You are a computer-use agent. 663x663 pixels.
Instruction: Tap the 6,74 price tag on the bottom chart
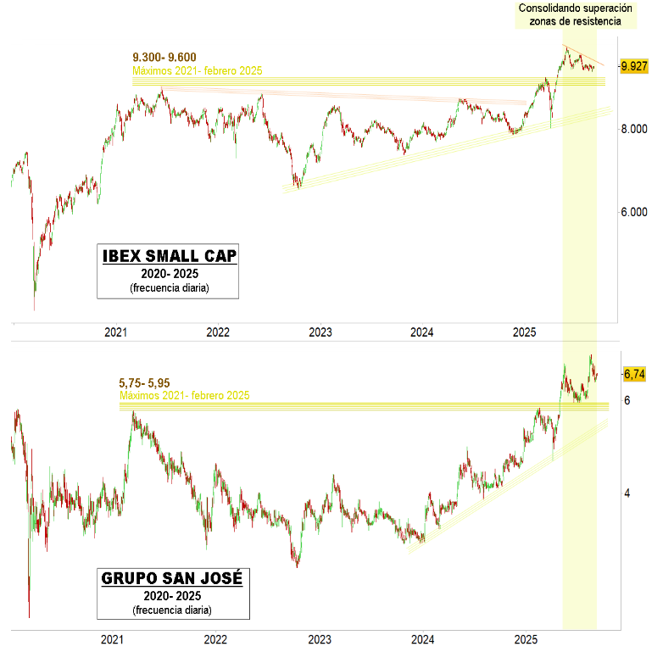pos(634,373)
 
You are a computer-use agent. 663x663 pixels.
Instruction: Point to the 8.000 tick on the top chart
pos(636,129)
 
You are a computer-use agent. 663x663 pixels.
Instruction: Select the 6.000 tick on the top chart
pos(636,212)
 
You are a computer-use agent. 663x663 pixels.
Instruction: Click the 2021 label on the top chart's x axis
pos(115,334)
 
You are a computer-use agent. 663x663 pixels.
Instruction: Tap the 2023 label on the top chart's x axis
pos(320,334)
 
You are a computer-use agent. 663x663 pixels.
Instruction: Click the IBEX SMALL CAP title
pos(170,256)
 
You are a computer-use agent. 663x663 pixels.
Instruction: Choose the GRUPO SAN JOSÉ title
pos(172,579)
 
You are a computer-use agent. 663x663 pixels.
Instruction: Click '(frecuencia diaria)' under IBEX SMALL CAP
pos(170,288)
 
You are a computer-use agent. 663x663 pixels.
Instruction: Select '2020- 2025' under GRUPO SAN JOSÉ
pos(172,597)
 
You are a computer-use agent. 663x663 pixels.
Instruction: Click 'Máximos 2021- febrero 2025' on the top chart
pos(198,70)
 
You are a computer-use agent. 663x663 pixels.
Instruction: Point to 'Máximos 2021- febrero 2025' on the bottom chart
pos(184,396)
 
